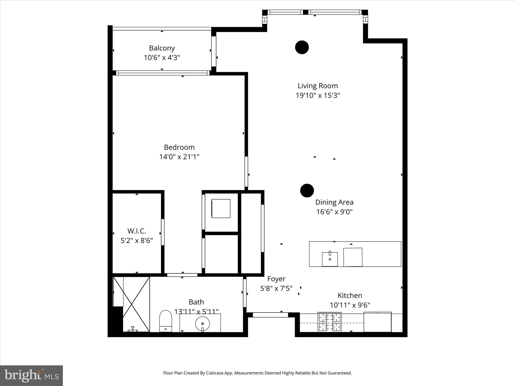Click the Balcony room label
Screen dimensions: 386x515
click(x=162, y=48)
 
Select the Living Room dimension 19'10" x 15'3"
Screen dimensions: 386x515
click(x=318, y=95)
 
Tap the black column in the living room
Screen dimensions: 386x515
click(x=302, y=47)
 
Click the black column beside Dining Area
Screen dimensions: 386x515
click(x=307, y=190)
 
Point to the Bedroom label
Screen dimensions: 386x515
click(x=179, y=147)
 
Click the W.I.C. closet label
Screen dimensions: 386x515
click(x=137, y=231)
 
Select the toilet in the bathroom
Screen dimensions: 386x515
click(x=165, y=321)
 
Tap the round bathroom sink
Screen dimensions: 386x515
click(x=202, y=324)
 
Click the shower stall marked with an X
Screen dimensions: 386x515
click(x=131, y=304)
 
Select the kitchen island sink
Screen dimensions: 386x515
click(x=330, y=259)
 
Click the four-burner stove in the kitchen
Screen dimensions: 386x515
click(x=330, y=322)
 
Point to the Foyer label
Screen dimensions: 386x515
click(x=276, y=279)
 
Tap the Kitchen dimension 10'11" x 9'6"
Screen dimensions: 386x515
click(x=350, y=305)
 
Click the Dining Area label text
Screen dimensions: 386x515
click(x=334, y=202)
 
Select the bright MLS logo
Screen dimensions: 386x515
click(x=31, y=375)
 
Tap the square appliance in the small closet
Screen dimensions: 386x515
click(x=221, y=208)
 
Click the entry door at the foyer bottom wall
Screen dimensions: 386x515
click(x=270, y=314)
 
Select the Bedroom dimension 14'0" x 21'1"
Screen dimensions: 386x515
click(x=179, y=157)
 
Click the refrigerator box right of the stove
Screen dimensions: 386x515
click(x=377, y=322)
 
